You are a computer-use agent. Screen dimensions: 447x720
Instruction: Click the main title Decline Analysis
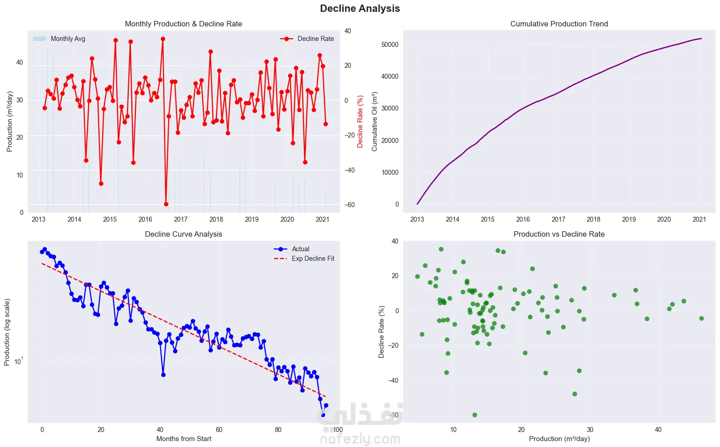click(360, 9)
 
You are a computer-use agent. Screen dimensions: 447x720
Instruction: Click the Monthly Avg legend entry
click(68, 39)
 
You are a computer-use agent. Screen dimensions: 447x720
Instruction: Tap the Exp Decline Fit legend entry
click(313, 259)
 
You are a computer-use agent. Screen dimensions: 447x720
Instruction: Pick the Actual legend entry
click(300, 249)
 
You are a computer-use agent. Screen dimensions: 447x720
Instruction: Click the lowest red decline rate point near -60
click(166, 204)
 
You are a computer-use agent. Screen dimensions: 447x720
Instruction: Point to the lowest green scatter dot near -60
click(475, 415)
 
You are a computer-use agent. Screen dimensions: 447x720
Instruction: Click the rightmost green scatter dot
click(701, 318)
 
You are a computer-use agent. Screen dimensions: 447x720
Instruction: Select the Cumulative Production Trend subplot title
click(559, 24)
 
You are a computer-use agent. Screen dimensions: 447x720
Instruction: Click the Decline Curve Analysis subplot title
click(183, 234)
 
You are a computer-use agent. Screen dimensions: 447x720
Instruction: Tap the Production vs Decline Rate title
click(559, 234)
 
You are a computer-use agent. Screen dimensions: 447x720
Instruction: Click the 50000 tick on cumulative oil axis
click(390, 45)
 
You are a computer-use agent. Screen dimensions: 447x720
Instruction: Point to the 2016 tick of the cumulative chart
click(523, 219)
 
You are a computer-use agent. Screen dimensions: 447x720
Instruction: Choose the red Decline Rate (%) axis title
click(360, 121)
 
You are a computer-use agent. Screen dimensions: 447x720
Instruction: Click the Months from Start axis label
click(184, 439)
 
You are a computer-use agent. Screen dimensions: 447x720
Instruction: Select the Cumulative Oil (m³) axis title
click(375, 121)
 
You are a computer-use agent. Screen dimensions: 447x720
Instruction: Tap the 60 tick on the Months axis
click(219, 430)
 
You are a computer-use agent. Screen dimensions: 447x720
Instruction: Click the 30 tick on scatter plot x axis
click(590, 430)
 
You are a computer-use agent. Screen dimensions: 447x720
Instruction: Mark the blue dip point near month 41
click(163, 375)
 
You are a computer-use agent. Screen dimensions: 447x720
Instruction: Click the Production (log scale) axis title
click(7, 332)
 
